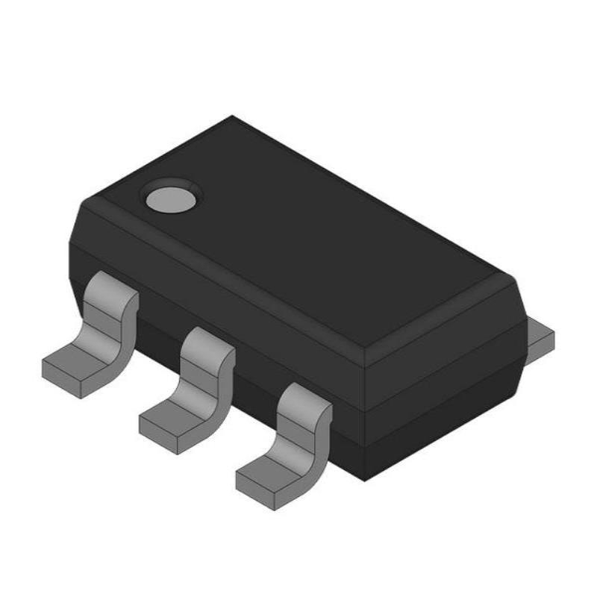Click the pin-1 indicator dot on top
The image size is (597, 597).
(x=172, y=197)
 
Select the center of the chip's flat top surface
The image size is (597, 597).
(x=298, y=224)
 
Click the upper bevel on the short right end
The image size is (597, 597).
(x=448, y=328)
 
